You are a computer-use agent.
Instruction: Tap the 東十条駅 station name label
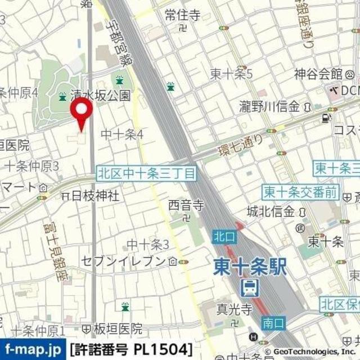click(x=249, y=267)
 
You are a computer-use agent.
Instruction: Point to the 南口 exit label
click(x=274, y=323)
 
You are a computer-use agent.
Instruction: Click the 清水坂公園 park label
click(x=101, y=96)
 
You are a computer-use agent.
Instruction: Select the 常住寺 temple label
click(x=182, y=16)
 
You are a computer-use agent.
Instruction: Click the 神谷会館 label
click(x=318, y=74)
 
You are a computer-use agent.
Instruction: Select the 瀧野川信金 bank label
click(x=269, y=107)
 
